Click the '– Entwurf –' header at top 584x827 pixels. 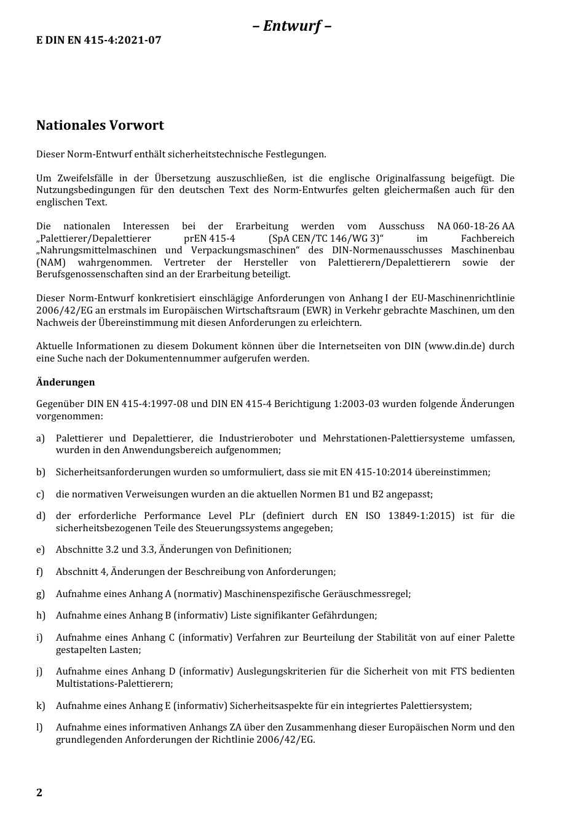[x=292, y=26]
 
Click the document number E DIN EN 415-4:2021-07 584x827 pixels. [x=99, y=40]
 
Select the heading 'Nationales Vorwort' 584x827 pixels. [x=100, y=125]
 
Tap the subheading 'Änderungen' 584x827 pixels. [x=65, y=382]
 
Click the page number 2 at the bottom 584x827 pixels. [x=39, y=792]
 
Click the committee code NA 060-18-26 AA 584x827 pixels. [x=475, y=226]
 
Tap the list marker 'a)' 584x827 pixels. [x=41, y=438]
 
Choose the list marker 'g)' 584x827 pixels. [x=41, y=594]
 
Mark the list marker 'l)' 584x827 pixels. [x=39, y=727]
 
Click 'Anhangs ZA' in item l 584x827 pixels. [x=206, y=727]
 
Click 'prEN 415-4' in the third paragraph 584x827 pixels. [x=209, y=239]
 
